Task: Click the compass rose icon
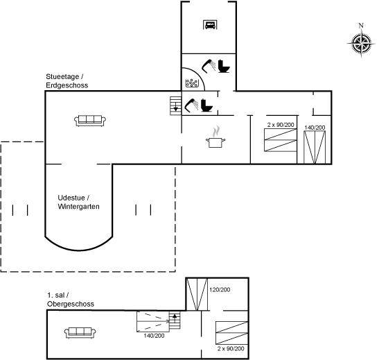(x=361, y=44)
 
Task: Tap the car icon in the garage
(x=211, y=25)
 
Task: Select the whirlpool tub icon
(x=192, y=83)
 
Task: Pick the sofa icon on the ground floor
(x=90, y=121)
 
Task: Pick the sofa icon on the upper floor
(x=80, y=332)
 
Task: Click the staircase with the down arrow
(x=175, y=106)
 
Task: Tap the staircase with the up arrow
(x=175, y=320)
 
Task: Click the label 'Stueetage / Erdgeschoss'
(x=67, y=81)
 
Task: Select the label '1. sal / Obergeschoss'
(x=71, y=300)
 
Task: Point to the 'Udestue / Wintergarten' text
(x=78, y=202)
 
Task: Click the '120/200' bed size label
(x=220, y=290)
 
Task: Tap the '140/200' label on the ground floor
(x=315, y=128)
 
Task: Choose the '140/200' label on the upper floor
(x=154, y=336)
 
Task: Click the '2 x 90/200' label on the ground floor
(x=281, y=125)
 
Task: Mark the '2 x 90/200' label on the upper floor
(x=231, y=349)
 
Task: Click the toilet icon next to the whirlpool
(x=224, y=67)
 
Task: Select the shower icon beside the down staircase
(x=191, y=105)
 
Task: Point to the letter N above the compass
(x=361, y=25)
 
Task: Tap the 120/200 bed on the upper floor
(x=197, y=294)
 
